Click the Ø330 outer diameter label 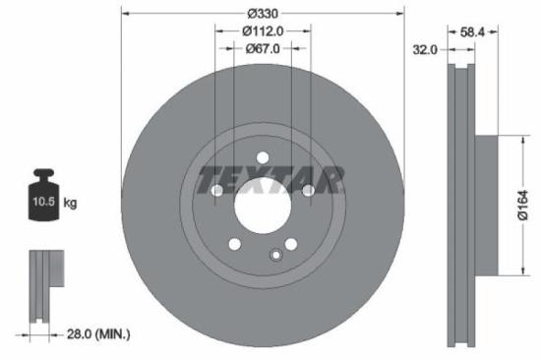262,13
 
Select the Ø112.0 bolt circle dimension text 263,30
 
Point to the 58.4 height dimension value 475,32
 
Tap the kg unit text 71,203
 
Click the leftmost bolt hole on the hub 216,191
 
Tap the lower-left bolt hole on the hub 234,245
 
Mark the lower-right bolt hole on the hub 291,245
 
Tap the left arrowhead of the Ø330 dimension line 122,13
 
